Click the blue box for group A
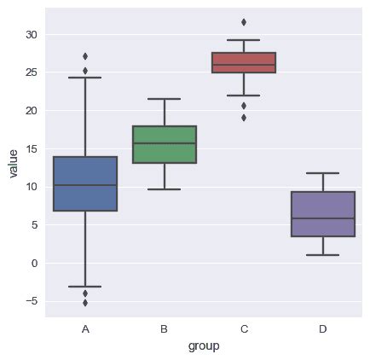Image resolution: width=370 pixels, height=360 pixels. [x=85, y=183]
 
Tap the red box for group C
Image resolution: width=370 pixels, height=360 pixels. [x=244, y=62]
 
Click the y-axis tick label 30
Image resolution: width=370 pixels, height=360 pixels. [x=31, y=35]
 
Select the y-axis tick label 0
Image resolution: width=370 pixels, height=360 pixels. [x=34, y=263]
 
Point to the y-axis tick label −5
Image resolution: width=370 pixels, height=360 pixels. [x=31, y=301]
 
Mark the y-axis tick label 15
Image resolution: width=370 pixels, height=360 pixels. [x=31, y=149]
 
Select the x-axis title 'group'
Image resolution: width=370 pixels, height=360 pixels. [x=204, y=346]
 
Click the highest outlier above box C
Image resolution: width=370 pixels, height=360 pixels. [x=244, y=22]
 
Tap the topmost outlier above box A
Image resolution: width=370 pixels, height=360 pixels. [x=85, y=56]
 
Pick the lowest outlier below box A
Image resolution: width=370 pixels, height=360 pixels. [x=85, y=303]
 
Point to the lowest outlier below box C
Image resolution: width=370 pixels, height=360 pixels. [x=244, y=118]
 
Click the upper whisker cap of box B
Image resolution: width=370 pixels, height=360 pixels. [x=165, y=99]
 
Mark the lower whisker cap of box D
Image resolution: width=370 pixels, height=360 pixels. [x=323, y=255]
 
